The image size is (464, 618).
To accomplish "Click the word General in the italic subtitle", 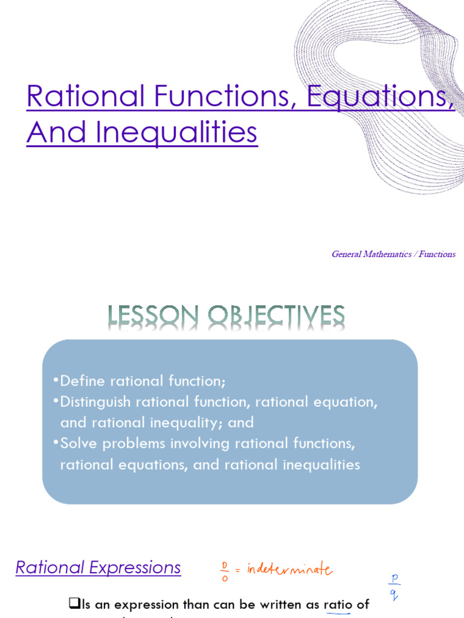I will (x=347, y=254).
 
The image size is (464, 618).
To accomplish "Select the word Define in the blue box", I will (x=80, y=381).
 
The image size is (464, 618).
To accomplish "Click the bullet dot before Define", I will (x=56, y=380).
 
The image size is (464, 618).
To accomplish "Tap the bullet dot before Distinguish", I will (x=56, y=401).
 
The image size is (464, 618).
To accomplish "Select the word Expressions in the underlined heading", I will (x=135, y=567).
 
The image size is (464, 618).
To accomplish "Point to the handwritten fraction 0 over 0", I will (x=224, y=569).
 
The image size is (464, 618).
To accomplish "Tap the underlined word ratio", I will (x=338, y=604).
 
